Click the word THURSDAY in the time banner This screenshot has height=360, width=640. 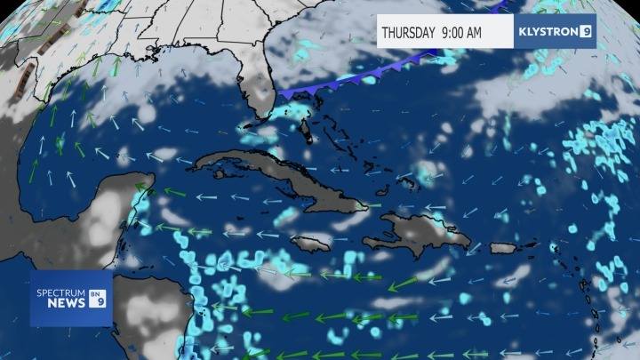point(408,33)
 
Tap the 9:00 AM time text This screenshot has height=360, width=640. point(460,33)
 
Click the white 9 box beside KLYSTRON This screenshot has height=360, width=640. point(586,32)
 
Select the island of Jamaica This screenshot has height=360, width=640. point(310,242)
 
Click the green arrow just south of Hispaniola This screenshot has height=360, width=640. point(404,284)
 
